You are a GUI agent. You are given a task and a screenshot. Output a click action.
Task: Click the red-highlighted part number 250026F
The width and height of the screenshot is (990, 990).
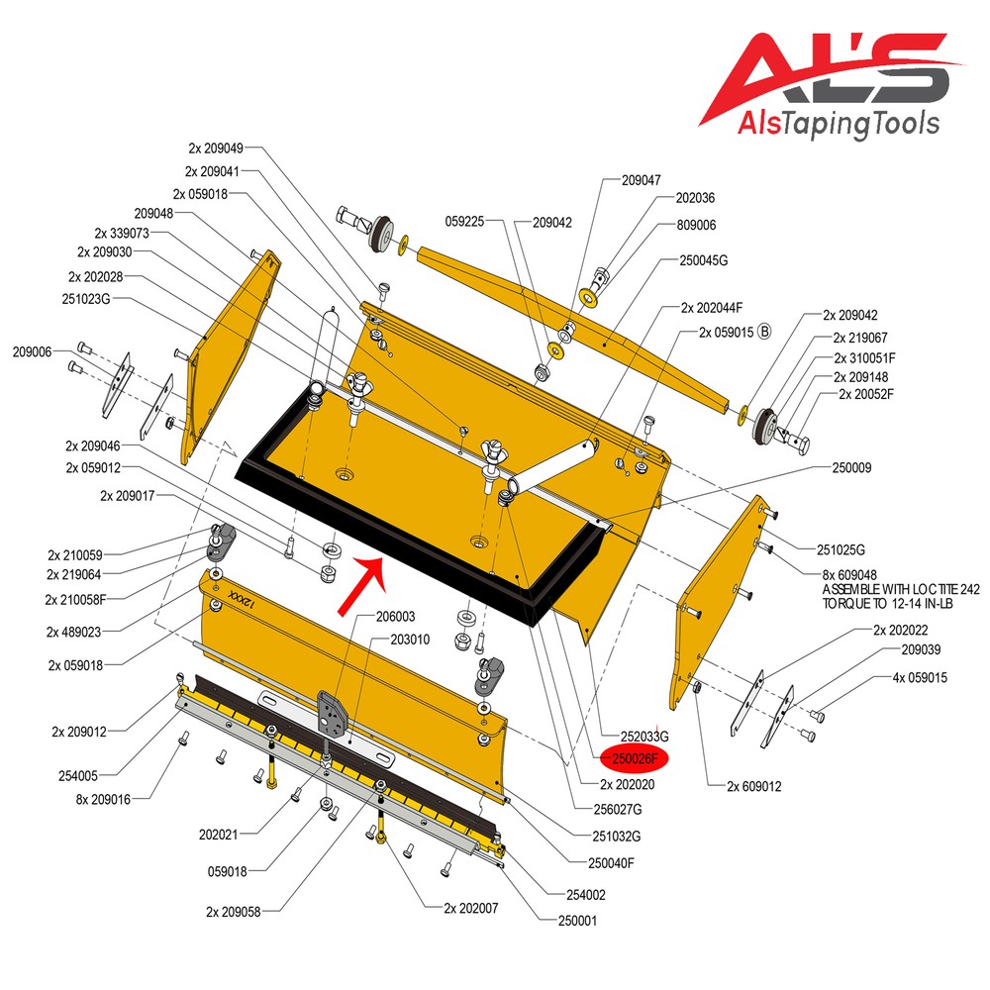click(635, 759)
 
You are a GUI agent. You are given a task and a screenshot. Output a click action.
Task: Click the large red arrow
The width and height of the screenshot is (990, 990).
click(362, 585)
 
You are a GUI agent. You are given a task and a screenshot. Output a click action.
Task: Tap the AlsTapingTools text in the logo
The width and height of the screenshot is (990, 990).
click(839, 123)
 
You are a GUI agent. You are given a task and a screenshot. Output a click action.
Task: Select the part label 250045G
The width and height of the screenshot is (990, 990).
click(703, 260)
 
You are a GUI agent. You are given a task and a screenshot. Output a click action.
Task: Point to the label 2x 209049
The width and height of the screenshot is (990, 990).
click(215, 148)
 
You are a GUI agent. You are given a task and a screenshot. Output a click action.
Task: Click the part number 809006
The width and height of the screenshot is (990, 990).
click(696, 225)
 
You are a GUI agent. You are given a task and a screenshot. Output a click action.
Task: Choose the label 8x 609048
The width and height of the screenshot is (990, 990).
click(849, 574)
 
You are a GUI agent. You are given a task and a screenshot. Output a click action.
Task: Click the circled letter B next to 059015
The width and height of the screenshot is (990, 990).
click(764, 332)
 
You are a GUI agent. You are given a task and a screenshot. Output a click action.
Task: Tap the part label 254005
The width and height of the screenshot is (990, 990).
click(77, 776)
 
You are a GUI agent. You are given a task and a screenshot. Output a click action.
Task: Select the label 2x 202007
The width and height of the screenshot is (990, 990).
click(470, 908)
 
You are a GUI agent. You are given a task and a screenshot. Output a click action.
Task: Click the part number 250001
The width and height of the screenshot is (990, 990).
click(577, 921)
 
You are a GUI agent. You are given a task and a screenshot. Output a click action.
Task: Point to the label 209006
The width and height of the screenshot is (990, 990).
click(33, 351)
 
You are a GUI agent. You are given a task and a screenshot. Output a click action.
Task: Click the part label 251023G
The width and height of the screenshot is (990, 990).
click(86, 299)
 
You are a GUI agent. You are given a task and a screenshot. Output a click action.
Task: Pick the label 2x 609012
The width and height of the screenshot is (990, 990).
click(753, 786)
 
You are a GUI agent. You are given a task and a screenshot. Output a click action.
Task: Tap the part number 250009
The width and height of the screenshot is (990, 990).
click(851, 468)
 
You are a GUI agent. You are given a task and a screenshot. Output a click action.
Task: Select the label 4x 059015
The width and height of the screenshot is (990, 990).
click(920, 677)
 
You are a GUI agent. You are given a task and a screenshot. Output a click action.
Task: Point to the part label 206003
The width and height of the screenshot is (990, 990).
click(395, 616)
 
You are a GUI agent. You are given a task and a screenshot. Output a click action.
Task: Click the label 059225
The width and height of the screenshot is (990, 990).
click(464, 221)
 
